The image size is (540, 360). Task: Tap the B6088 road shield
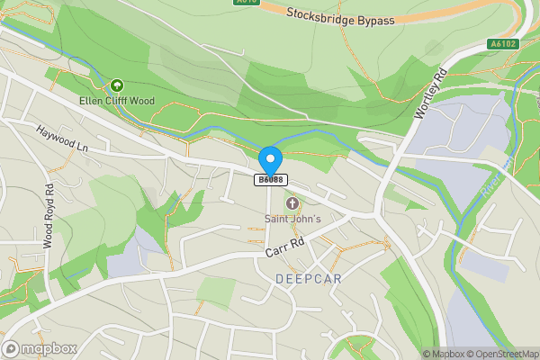point(271,180)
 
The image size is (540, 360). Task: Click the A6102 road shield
point(504,43)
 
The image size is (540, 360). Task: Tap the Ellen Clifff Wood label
point(116,100)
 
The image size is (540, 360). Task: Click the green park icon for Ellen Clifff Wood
point(116,85)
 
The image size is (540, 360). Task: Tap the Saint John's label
point(292,218)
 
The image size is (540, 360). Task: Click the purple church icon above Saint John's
point(292,204)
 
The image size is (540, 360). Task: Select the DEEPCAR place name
point(309,278)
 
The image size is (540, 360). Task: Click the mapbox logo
point(40,348)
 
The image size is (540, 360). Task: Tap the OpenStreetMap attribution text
point(500,354)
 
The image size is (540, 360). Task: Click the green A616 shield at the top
point(247,3)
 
